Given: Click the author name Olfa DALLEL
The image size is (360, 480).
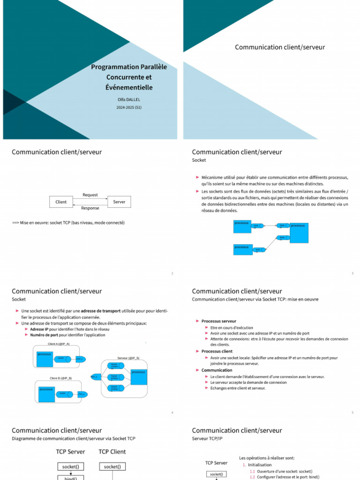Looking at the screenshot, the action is click(x=129, y=99).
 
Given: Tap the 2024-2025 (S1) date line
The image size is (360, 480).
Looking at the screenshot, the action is click(x=129, y=107).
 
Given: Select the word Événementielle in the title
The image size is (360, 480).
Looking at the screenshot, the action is click(x=129, y=87).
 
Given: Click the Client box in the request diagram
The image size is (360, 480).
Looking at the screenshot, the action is click(x=61, y=202).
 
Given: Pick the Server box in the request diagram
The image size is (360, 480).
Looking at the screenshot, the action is click(x=119, y=202).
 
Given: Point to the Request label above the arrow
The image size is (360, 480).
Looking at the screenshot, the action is click(x=90, y=195).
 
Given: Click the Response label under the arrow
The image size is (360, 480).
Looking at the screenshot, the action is click(x=90, y=208).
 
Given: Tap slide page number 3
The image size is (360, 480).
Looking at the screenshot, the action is click(x=352, y=273).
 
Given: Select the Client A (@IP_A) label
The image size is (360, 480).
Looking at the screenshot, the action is click(x=59, y=344).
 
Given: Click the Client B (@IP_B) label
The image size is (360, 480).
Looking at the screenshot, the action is click(x=61, y=378).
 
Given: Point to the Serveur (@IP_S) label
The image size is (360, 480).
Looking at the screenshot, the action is click(x=128, y=358).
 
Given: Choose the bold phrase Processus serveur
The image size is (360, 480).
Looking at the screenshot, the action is click(x=219, y=321).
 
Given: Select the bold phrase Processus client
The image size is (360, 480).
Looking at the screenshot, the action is click(x=217, y=351).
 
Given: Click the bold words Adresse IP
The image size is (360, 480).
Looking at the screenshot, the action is click(x=39, y=329).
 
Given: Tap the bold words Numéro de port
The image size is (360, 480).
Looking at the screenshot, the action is click(x=44, y=335).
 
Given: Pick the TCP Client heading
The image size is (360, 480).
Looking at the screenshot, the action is click(x=112, y=452).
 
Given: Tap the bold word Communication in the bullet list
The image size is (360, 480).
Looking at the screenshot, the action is click(x=217, y=370).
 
